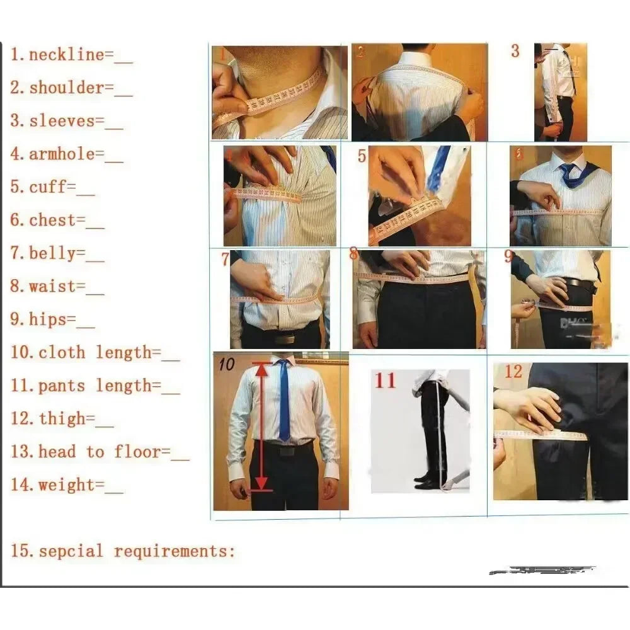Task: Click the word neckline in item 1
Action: (66, 55)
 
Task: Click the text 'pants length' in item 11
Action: (92, 386)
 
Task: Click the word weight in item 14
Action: (62, 485)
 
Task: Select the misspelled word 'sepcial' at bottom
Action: (70, 552)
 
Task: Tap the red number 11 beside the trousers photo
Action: (386, 381)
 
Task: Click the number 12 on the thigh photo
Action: (513, 372)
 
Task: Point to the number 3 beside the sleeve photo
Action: (515, 52)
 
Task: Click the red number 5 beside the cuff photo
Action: (362, 156)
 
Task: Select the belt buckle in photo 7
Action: (283, 338)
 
